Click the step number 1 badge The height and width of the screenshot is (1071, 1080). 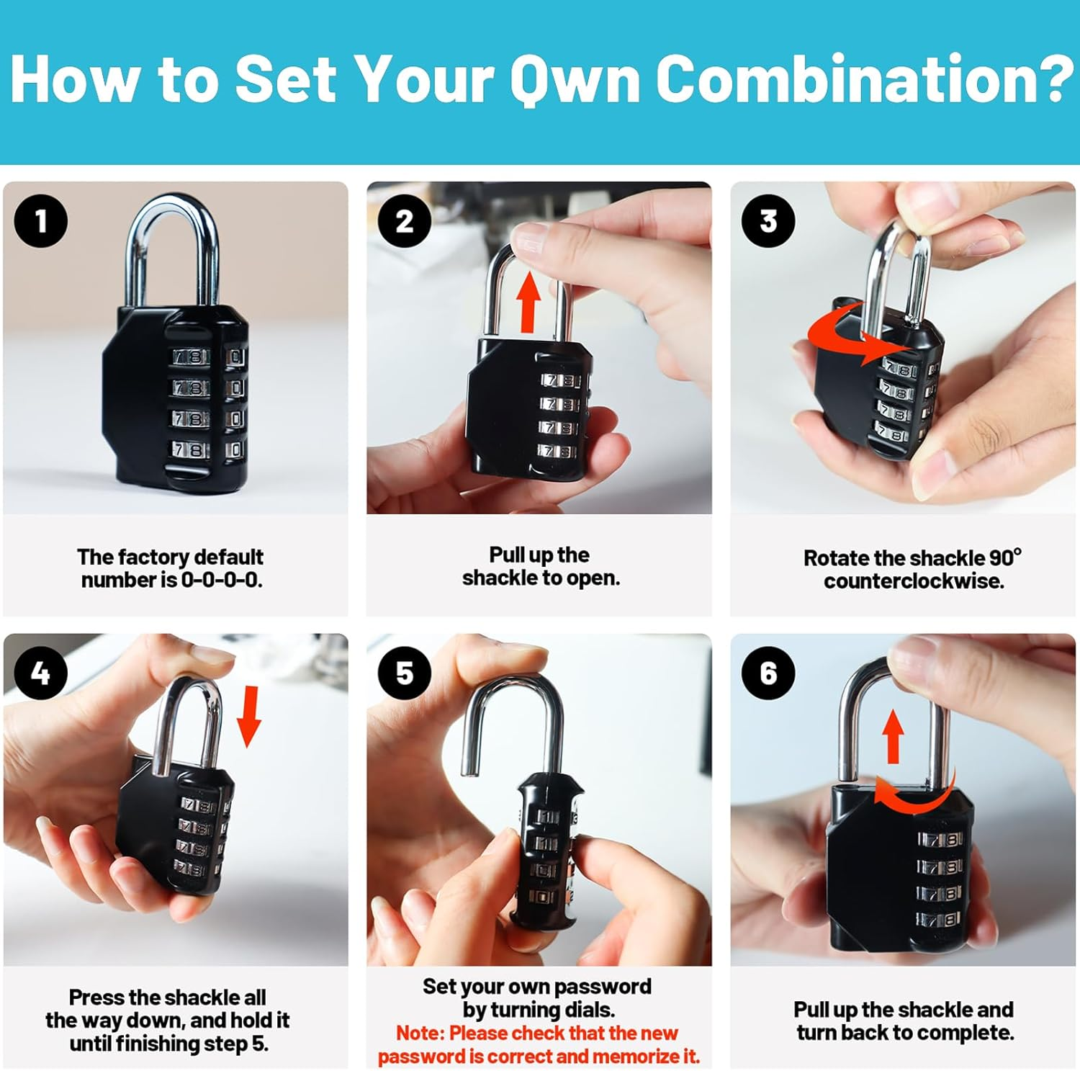point(41,221)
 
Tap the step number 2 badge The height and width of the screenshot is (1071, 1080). point(405,221)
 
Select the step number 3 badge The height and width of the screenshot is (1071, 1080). point(768,221)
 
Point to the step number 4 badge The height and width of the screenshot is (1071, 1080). point(41,673)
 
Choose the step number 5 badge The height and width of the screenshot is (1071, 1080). point(405,673)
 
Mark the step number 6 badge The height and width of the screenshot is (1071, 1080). point(768,673)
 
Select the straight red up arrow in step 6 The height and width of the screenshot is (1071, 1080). point(893,736)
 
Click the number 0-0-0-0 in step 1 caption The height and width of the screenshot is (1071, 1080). point(221,580)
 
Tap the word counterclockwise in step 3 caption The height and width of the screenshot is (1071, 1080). point(914,581)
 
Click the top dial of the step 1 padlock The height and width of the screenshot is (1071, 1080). point(192,357)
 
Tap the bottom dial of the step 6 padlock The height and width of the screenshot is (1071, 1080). point(940,919)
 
